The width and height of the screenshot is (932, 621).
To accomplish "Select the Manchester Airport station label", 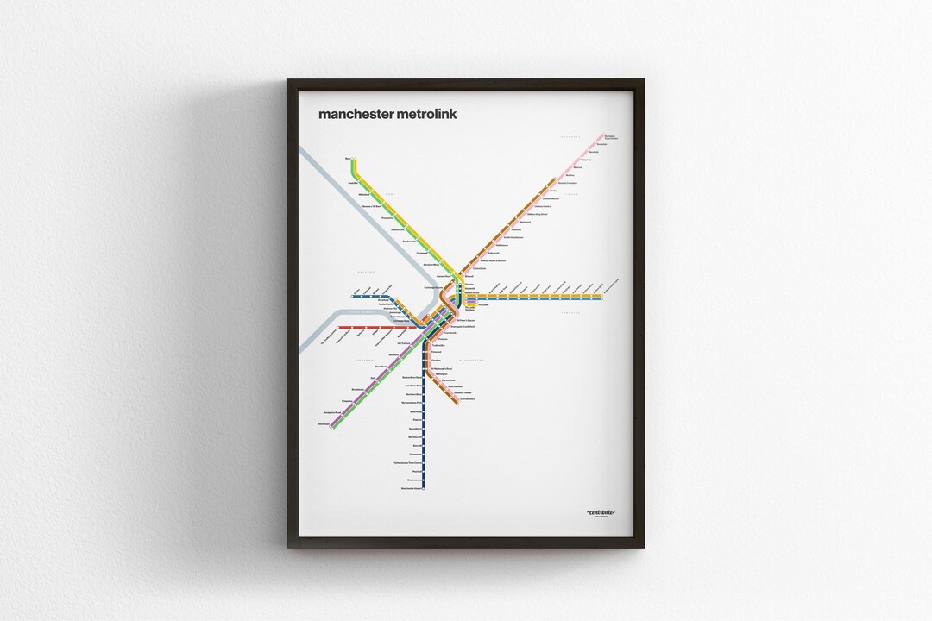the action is pyautogui.click(x=414, y=489).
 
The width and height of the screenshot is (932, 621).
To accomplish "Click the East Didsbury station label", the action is pyautogui.click(x=469, y=398).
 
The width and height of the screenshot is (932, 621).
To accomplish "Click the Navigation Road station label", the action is pyautogui.click(x=327, y=413).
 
